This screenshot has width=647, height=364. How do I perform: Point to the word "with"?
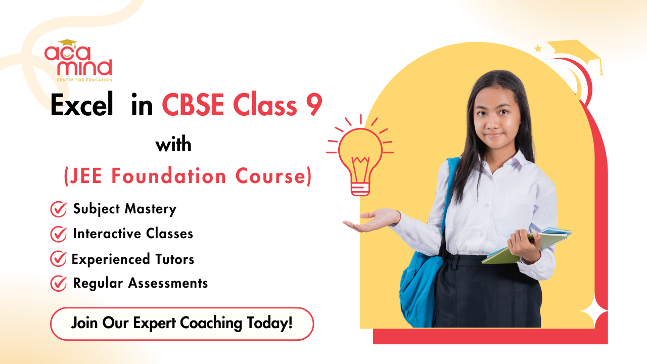point(173,145)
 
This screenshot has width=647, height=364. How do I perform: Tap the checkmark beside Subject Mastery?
point(59,209)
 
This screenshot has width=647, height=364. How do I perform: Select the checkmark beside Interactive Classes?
point(59,234)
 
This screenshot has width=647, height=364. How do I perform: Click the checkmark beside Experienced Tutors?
point(59,259)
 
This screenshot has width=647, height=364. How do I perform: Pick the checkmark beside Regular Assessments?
point(59,284)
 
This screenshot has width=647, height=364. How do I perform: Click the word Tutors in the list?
point(173,259)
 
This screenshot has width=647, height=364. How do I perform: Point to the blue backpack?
point(418,283)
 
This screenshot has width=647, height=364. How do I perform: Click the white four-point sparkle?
point(593,308)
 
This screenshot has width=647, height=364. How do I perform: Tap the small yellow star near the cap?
point(538,49)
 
